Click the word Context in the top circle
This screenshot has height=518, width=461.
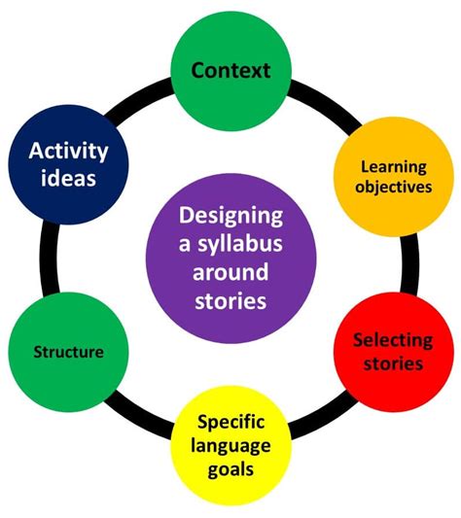pyautogui.click(x=230, y=70)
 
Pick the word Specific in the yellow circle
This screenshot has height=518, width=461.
pyautogui.click(x=230, y=423)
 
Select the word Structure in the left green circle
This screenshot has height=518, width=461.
pyautogui.click(x=68, y=352)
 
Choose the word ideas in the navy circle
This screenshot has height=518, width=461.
pyautogui.click(x=68, y=179)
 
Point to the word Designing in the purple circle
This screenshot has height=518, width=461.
pyautogui.click(x=230, y=214)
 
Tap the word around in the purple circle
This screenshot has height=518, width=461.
pyautogui.click(x=230, y=272)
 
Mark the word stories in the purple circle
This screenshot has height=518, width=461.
pyautogui.click(x=230, y=301)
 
